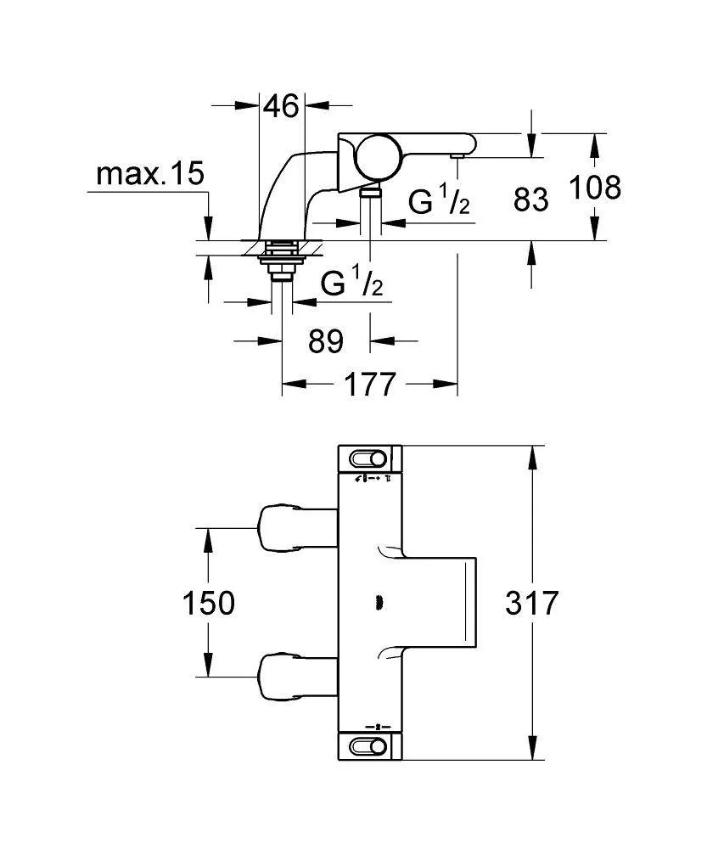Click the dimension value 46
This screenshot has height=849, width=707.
281,106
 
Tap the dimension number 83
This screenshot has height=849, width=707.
531,200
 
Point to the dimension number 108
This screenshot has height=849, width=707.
594,187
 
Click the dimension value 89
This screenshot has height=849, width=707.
325,341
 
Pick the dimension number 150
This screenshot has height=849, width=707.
208,604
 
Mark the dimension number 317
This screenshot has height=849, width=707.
532,604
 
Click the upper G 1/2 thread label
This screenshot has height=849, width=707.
439,202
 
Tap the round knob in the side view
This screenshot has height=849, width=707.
372,156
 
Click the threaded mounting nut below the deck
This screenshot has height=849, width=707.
280,259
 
